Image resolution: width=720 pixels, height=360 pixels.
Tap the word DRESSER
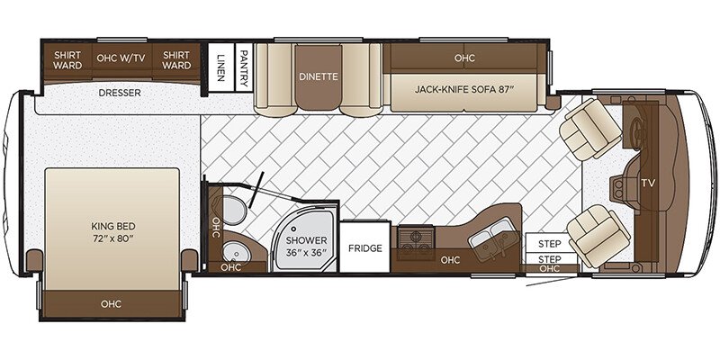point(119,92)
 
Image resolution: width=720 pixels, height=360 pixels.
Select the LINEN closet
point(220,65)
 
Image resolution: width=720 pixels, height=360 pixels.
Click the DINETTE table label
point(318,76)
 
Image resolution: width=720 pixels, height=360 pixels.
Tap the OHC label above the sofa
point(464,58)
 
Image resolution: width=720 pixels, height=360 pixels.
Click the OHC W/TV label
point(120,59)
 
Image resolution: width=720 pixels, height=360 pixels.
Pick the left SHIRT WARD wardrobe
point(68,59)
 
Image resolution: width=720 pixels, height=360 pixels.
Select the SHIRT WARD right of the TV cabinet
point(176,59)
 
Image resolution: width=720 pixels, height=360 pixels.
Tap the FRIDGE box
point(365,248)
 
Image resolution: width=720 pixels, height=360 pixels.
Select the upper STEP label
point(549,244)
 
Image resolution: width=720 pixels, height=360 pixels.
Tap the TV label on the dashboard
point(647,182)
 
